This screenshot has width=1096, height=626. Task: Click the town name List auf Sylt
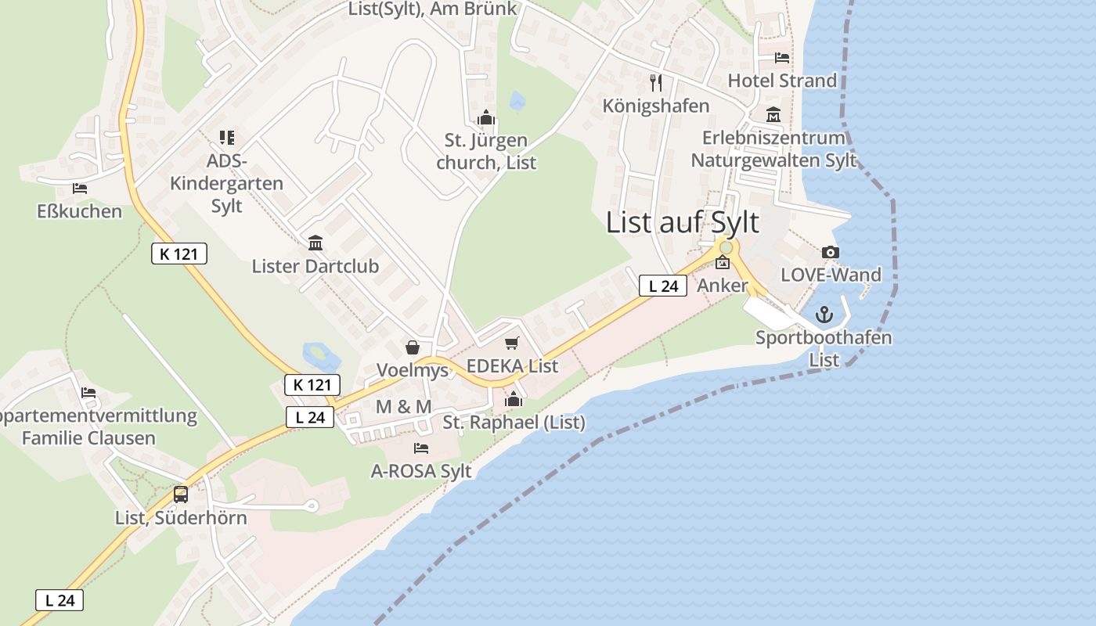tap(682, 222)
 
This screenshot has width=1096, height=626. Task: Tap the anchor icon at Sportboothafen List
tap(824, 315)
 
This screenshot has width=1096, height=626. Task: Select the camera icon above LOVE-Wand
tap(831, 252)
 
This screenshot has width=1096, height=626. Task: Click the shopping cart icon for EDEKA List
tap(512, 343)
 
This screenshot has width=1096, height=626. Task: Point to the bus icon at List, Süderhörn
tap(181, 495)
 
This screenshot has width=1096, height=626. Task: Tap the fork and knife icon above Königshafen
tap(656, 82)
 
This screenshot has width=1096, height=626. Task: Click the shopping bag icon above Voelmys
tap(413, 347)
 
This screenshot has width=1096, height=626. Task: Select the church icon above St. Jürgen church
tap(486, 118)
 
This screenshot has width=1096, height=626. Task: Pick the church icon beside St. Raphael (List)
tap(514, 400)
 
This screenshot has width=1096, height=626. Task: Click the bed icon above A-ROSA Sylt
tap(421, 448)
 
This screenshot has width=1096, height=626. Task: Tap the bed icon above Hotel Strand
tap(782, 58)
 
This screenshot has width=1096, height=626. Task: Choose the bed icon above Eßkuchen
tap(80, 189)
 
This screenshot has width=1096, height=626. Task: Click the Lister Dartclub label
tap(315, 266)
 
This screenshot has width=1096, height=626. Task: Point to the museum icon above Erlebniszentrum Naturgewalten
tap(773, 115)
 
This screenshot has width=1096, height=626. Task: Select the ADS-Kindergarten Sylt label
tap(227, 184)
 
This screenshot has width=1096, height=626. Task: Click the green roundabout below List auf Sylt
tap(726, 247)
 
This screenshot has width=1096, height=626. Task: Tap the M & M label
tap(403, 407)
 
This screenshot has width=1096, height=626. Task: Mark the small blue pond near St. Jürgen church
tap(517, 101)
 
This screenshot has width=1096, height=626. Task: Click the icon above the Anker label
tap(722, 263)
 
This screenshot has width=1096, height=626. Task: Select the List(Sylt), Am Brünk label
tap(433, 9)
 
